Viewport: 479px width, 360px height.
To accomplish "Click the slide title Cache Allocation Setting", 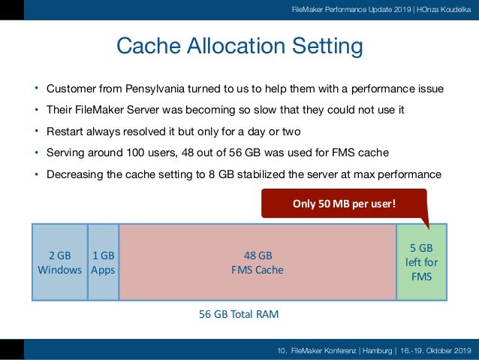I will click(x=239, y=47).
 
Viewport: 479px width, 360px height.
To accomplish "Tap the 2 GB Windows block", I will click(x=59, y=262).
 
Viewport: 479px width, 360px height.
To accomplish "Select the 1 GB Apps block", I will click(x=103, y=262).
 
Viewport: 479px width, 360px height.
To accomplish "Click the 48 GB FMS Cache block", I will click(x=258, y=262).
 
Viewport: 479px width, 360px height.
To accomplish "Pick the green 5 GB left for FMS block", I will click(x=421, y=262).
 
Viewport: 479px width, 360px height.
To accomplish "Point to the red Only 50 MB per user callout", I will click(x=343, y=203).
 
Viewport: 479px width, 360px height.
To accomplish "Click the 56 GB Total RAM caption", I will click(x=239, y=314).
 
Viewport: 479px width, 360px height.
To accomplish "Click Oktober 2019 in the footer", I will click(x=447, y=350).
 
